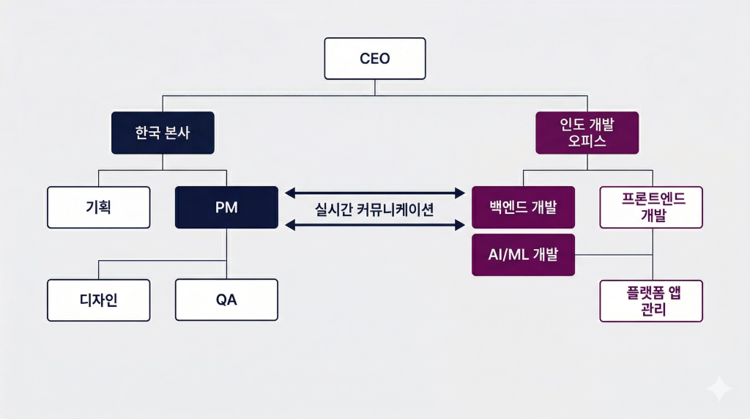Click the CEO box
(375, 59)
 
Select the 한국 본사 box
(163, 133)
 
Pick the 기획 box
(98, 207)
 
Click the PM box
(226, 207)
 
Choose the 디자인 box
(98, 300)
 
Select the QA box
(226, 300)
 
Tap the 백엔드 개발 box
(523, 207)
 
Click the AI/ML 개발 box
(523, 255)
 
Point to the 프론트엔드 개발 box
(651, 207)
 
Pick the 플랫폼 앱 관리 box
(651, 300)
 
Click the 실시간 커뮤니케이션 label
(374, 209)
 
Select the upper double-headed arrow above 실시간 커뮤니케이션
(374, 193)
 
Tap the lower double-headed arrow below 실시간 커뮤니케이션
(374, 226)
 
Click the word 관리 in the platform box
(651, 309)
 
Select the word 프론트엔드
(651, 199)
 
